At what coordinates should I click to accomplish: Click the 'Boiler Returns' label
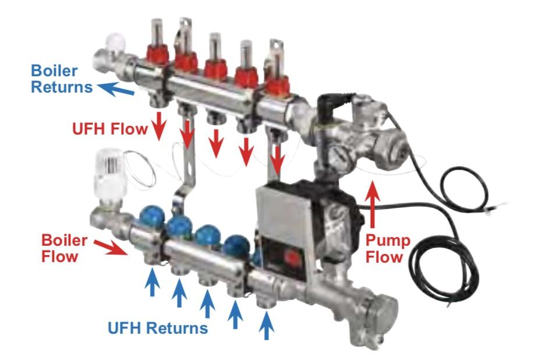pyautogui.click(x=62, y=79)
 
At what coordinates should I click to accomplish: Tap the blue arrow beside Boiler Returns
pyautogui.click(x=115, y=89)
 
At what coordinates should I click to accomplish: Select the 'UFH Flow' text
pyautogui.click(x=109, y=129)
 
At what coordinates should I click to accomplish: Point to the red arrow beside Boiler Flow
pyautogui.click(x=111, y=248)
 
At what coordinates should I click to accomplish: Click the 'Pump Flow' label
pyautogui.click(x=388, y=249)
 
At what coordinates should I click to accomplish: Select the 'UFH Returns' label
pyautogui.click(x=158, y=328)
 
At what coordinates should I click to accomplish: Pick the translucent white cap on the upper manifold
pyautogui.click(x=116, y=43)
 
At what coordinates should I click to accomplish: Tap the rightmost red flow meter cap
pyautogui.click(x=277, y=86)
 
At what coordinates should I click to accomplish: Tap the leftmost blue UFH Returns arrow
pyautogui.click(x=153, y=281)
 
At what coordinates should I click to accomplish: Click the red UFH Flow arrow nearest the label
pyautogui.click(x=159, y=126)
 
